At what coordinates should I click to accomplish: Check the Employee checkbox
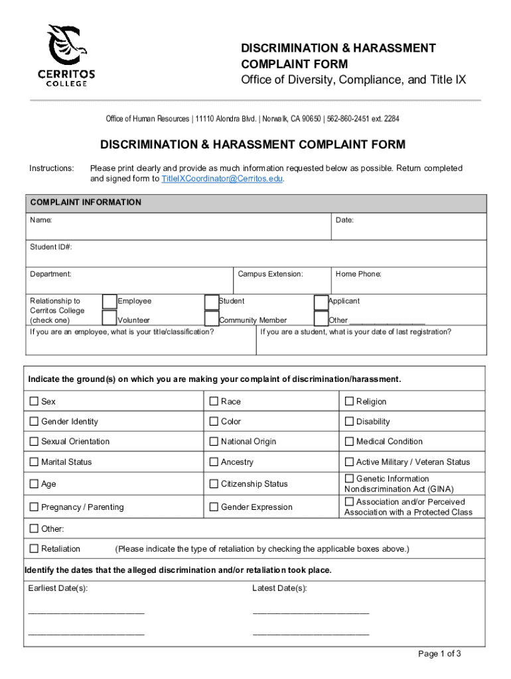tap(110, 302)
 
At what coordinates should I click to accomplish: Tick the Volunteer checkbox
tap(110, 319)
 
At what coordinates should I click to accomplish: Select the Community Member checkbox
tap(212, 319)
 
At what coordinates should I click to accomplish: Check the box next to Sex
tap(34, 401)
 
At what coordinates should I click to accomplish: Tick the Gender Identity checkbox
tap(34, 421)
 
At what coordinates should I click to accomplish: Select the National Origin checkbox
tap(214, 442)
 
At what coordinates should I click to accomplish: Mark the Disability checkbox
tap(349, 421)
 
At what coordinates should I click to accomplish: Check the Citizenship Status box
tap(214, 484)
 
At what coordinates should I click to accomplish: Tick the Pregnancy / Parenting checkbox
tap(34, 507)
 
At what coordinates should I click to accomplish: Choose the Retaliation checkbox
tap(34, 548)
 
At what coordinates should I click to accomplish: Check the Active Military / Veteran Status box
tap(349, 462)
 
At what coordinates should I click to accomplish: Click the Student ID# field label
tap(51, 247)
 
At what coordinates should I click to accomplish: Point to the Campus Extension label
tap(270, 274)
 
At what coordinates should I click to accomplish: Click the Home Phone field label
tap(358, 274)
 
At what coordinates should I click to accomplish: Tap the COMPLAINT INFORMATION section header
tap(85, 202)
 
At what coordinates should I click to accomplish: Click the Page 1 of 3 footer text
tap(439, 654)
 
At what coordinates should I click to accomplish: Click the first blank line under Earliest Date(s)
tap(86, 610)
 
